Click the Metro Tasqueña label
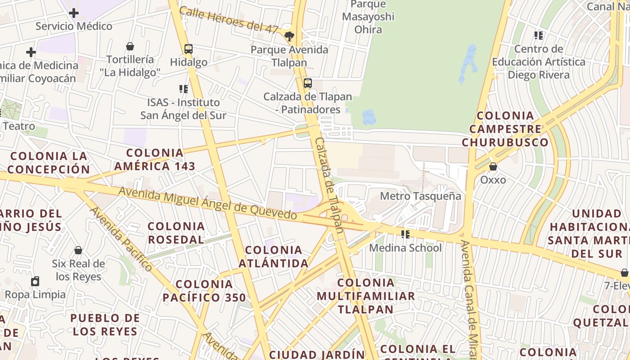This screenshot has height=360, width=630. click(420, 196)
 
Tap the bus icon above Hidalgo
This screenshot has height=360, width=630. click(189, 49)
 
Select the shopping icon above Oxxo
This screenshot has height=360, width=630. click(493, 166)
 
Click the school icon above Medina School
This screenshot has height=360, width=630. click(405, 234)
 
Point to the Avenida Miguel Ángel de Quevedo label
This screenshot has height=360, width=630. click(207, 204)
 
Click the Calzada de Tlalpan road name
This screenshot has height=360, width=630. click(329, 184)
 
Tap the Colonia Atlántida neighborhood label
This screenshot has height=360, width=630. click(273, 256)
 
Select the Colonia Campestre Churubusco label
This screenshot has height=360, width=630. click(505, 129)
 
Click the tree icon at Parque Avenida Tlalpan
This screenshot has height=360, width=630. click(289, 36)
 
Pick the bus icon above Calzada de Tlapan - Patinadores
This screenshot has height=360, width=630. click(308, 83)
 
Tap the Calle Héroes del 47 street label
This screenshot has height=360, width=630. click(229, 20)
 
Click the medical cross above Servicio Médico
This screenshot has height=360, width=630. click(74, 13)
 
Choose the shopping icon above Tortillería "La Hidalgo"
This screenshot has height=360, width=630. click(130, 46)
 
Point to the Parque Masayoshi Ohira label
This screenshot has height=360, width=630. click(368, 17)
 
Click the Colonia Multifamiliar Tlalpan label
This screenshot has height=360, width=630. click(365, 296)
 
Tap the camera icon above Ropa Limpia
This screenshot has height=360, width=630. click(35, 282)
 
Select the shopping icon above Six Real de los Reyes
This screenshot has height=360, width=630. click(78, 250)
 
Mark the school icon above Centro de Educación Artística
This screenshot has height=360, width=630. click(538, 35)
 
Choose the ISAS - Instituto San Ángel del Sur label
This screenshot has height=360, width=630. click(183, 109)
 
